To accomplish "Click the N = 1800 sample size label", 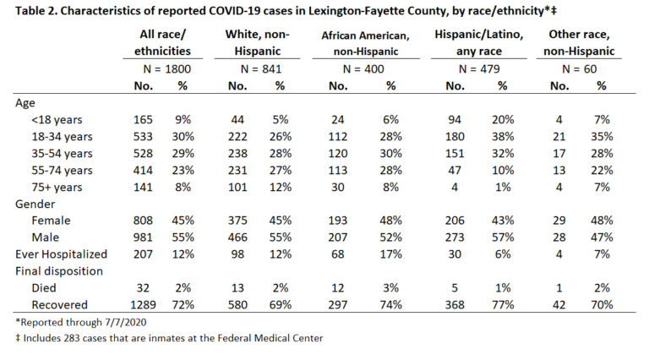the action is coord(166,68).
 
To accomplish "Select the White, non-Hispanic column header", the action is coord(257,42).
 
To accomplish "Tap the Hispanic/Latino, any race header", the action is coord(479,42).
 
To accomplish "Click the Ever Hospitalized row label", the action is coord(61,254).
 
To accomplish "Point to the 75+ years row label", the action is coord(57,187).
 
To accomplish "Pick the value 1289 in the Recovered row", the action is coord(143,305).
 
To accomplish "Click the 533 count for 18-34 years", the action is coord(143,137).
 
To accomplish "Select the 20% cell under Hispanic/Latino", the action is coord(503,120).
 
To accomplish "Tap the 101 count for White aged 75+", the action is coord(237,187).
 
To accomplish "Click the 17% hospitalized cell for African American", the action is coord(390,254).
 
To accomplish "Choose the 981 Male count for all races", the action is coord(143,237).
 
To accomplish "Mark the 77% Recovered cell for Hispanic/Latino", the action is coord(503,305).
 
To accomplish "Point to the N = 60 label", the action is coord(579,68).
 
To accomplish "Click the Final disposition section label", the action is coord(59,271).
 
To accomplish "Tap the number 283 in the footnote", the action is coord(72,338).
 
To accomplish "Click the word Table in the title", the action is coord(28,11).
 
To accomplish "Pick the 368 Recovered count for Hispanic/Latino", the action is coord(455,305).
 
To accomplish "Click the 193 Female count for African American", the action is coord(338,221).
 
